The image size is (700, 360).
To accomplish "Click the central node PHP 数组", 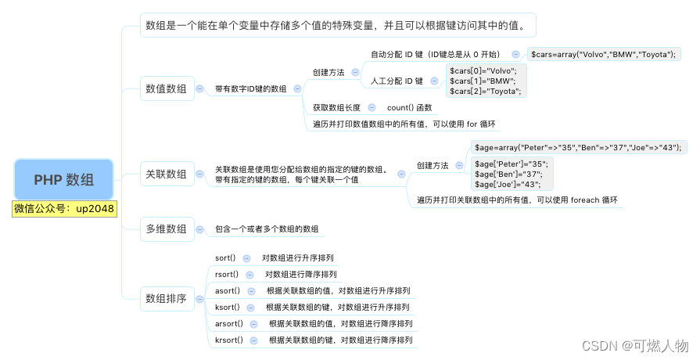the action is coord(64,179).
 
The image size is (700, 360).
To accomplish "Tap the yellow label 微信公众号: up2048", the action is coord(64,209).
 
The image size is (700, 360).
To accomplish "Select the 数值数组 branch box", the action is coord(167,89).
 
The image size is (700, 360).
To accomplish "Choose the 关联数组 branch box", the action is coord(167,174).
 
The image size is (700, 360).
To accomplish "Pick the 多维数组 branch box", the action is coord(167,229).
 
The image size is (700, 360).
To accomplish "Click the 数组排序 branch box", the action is coord(167,298).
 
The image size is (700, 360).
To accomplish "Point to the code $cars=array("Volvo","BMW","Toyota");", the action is coord(603,55).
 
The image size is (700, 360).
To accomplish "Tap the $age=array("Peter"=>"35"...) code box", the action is coord(578,147).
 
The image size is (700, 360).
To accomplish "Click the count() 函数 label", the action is coord(409,107).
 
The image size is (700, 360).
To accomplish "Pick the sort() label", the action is coord(225,257).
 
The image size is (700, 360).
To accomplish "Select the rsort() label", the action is coord(227,274).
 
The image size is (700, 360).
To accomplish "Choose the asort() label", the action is coord(227,290).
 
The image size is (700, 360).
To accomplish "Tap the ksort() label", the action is coord(227,307).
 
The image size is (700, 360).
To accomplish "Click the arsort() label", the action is coord(229,323).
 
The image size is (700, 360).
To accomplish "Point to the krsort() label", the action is coord(229,340).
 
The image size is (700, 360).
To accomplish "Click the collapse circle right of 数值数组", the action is coord(200,89).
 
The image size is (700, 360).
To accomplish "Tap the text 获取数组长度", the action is coord(336,107).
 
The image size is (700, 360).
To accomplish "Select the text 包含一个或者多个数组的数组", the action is coord(267,229).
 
